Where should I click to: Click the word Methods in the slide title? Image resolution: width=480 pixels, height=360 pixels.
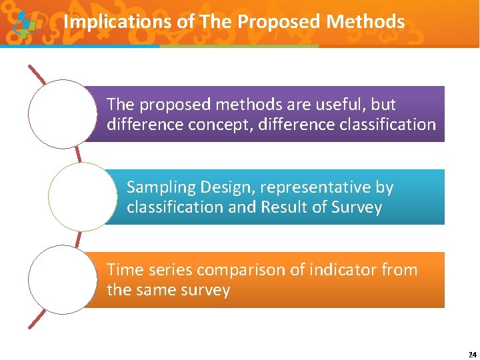coord(366,22)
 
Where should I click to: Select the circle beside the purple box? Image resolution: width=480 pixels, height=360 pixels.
coord(63,114)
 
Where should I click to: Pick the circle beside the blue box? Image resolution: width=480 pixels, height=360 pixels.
coord(83,197)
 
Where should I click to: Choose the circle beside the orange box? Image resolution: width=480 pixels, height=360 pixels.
coord(63,279)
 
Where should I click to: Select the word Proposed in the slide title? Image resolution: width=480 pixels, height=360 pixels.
coord(280,22)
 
